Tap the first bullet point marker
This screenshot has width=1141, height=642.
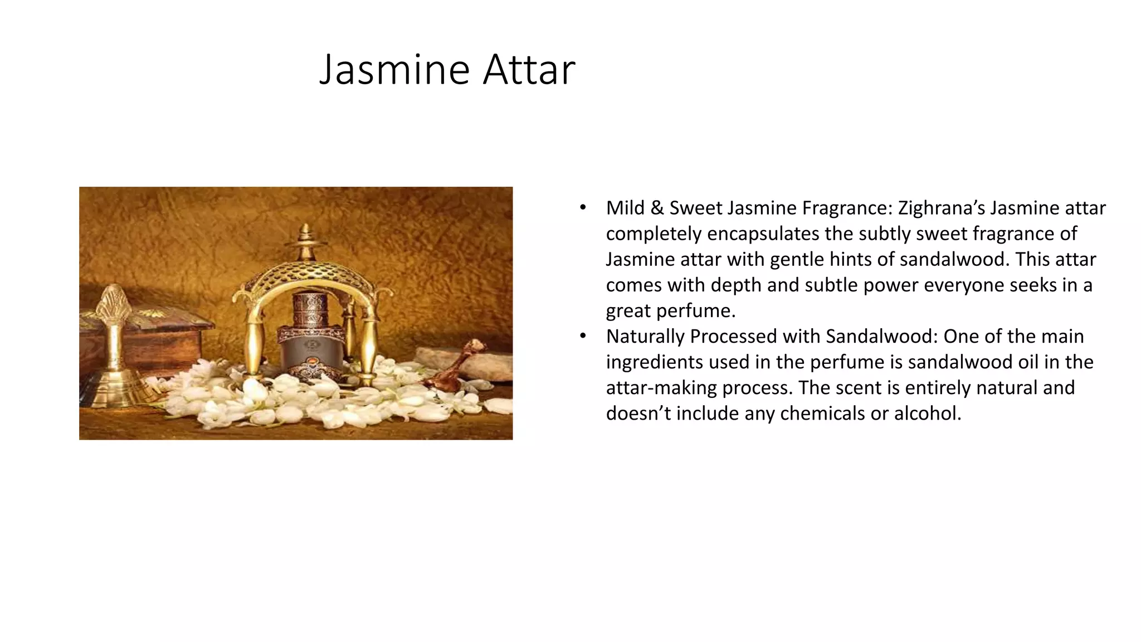tap(583, 208)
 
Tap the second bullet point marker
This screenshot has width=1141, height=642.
tap(583, 336)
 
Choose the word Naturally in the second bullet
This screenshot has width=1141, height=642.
tap(645, 337)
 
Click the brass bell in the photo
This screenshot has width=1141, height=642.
tap(115, 357)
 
